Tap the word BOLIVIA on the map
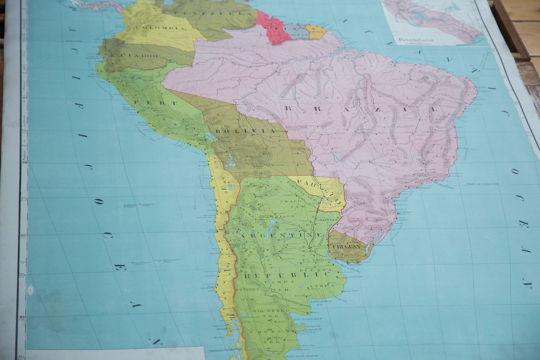[x=245, y=131]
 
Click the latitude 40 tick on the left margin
[x=22, y=317]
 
